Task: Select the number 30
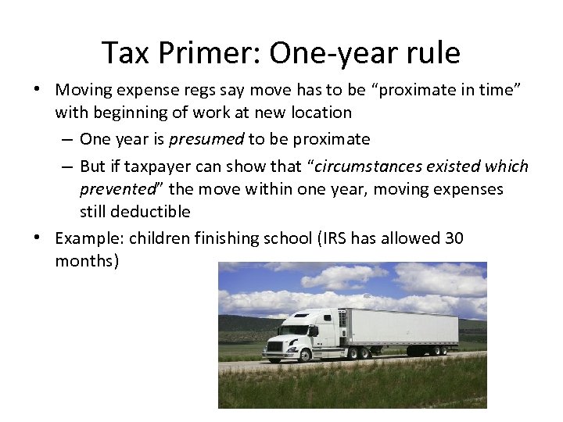click(454, 238)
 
